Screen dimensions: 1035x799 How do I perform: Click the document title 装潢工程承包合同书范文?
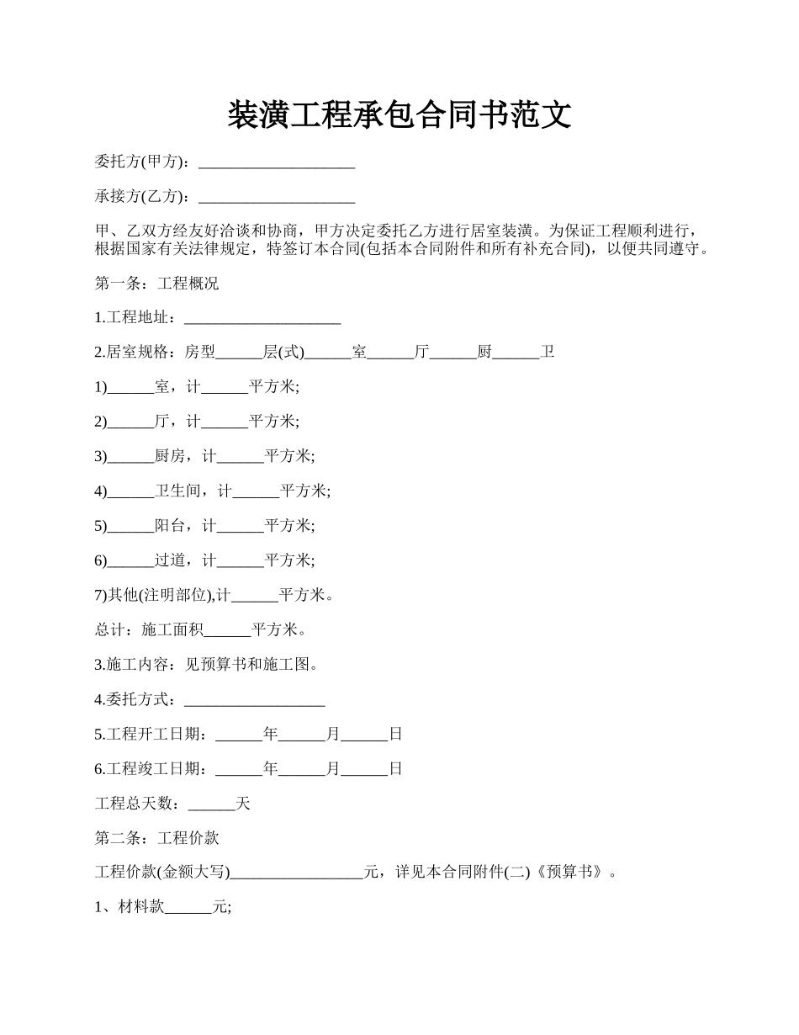[x=399, y=115]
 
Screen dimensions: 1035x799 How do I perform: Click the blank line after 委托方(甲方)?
[x=275, y=162]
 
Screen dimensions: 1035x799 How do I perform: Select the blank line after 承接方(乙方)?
[x=275, y=197]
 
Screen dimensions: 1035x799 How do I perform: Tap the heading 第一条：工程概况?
[x=156, y=284]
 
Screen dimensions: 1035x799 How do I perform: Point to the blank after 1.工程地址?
[x=262, y=318]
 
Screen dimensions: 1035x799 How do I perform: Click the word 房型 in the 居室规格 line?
[x=200, y=353]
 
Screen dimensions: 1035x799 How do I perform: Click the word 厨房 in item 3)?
[x=170, y=456]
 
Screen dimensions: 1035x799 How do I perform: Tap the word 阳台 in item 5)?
[x=170, y=526]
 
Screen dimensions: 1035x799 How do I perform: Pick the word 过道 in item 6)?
[x=170, y=560]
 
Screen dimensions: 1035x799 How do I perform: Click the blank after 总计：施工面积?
[x=227, y=629]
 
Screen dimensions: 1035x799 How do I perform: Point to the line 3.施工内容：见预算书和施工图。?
[x=207, y=665]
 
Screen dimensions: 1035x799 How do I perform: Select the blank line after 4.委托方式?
[x=254, y=699]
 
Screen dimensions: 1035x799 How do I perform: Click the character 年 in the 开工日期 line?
[x=270, y=734]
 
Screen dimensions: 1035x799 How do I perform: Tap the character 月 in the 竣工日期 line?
[x=333, y=768]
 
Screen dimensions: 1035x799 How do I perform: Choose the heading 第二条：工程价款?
[x=156, y=838]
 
